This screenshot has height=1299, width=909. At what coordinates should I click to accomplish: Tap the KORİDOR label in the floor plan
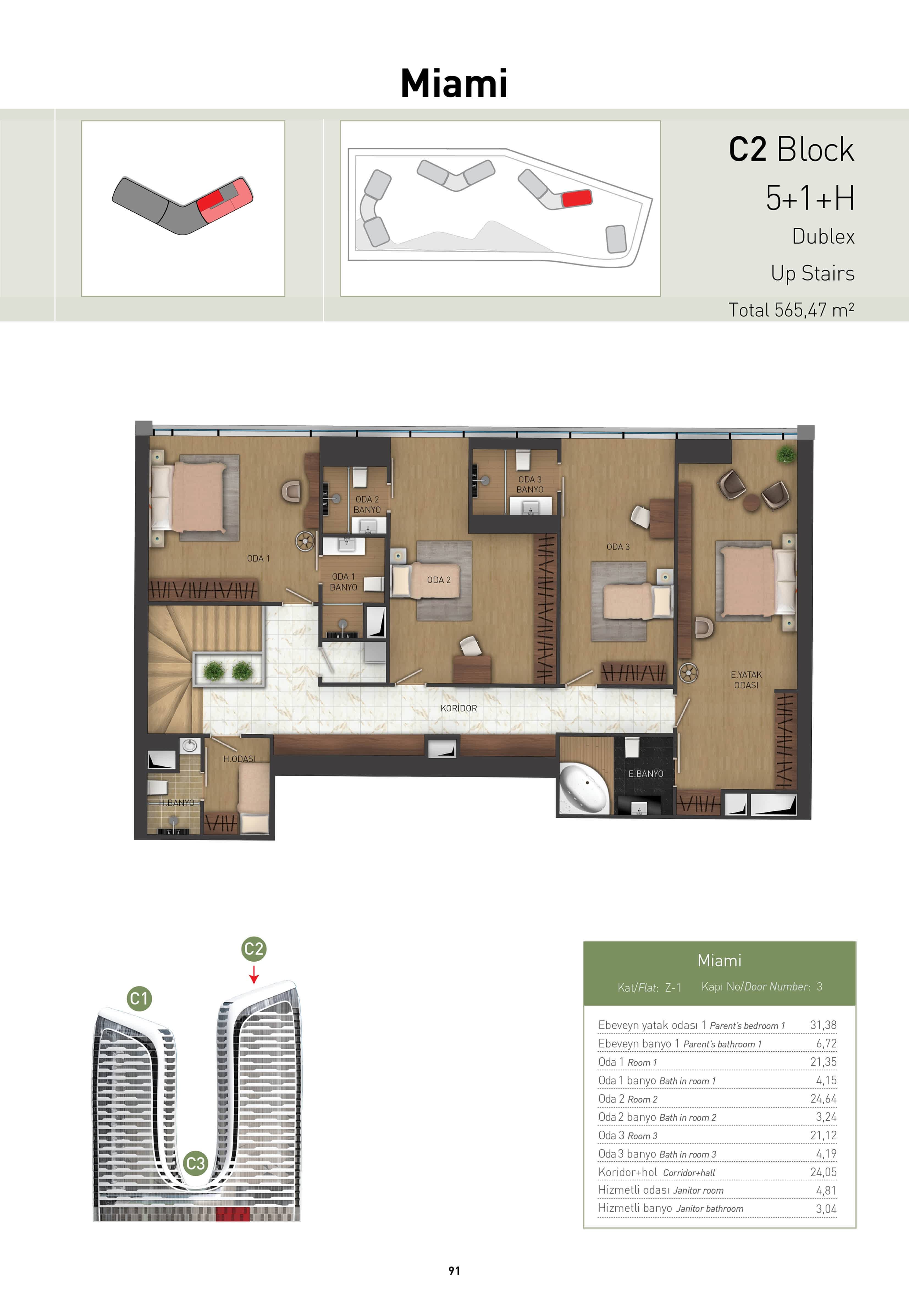pyautogui.click(x=459, y=708)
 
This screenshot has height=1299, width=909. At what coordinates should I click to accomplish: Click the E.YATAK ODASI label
pyautogui.click(x=746, y=679)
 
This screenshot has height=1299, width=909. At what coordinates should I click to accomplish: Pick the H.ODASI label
pyautogui.click(x=239, y=759)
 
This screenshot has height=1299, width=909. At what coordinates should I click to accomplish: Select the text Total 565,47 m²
pyautogui.click(x=791, y=310)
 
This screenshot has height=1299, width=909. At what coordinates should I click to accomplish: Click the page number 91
pyautogui.click(x=454, y=1271)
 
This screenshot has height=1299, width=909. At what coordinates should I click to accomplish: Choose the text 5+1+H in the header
pyautogui.click(x=810, y=198)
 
